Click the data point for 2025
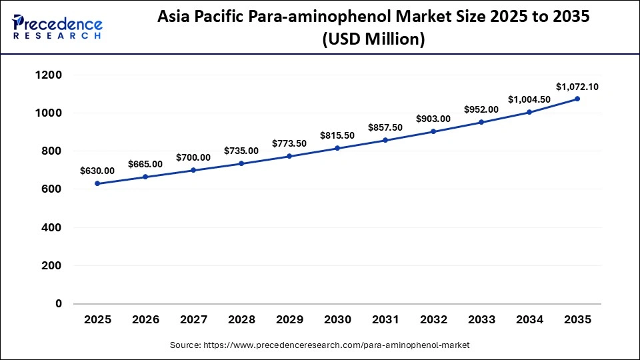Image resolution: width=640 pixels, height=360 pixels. coord(97,183)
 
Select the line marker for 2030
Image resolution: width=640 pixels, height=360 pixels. coord(337,148)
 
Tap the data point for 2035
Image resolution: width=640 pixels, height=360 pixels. coord(577,99)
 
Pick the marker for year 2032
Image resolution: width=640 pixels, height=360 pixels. coord(433,131)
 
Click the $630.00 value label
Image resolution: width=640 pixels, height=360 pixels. coord(97,171)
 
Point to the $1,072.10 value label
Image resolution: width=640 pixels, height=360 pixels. coord(577,86)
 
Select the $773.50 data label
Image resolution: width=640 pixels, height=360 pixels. coord(289,143)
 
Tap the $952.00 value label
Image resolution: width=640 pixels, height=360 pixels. coord(481,109)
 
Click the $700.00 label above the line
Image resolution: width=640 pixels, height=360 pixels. coord(193,157)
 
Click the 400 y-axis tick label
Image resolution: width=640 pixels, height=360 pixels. coord(51,227)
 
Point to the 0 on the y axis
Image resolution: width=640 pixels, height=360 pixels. coord(58,304)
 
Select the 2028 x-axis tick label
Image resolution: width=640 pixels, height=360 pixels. coord(241,320)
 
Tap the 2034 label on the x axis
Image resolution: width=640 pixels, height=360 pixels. coord(529,320)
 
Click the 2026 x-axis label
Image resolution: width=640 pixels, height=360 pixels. coord(145,320)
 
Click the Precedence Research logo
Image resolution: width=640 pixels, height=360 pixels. coord(57,27)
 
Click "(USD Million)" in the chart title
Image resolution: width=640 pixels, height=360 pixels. coord(373,39)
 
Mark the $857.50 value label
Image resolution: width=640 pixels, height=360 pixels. coord(385,127)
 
